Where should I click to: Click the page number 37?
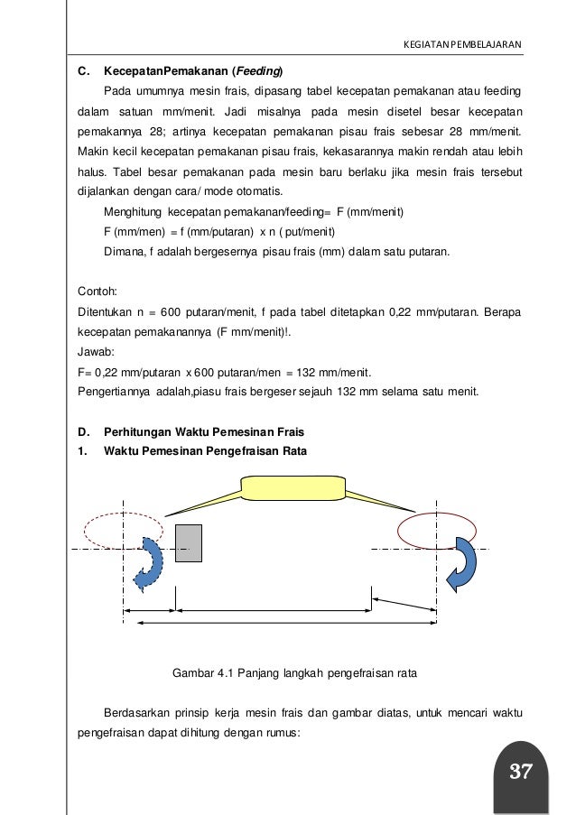(x=520, y=772)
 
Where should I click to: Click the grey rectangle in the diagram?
(x=189, y=543)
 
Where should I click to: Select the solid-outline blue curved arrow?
(x=467, y=562)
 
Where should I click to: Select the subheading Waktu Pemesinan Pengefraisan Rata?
(x=206, y=449)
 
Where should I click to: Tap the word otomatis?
(x=257, y=191)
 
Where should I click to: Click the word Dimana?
(x=122, y=252)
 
